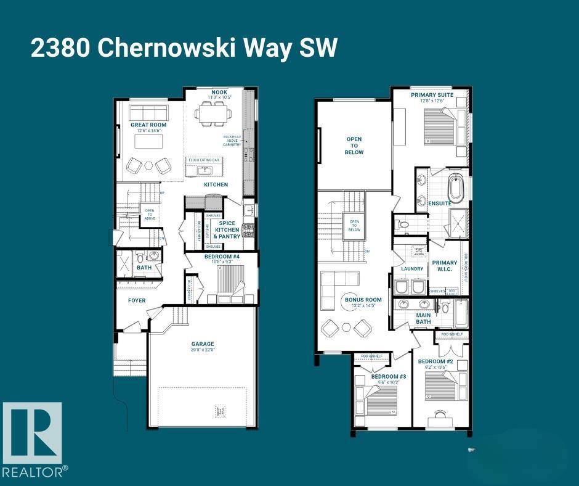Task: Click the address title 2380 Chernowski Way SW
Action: tap(184, 48)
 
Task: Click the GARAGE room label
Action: tap(202, 344)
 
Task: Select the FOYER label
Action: tap(137, 301)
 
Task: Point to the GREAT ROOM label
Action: tap(148, 125)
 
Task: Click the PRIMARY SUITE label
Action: tap(432, 95)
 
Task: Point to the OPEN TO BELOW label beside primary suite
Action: tap(354, 146)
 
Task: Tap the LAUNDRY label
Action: tap(411, 269)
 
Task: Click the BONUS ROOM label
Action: tap(363, 300)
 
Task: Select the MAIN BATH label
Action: tap(423, 318)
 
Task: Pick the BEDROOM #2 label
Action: tap(435, 361)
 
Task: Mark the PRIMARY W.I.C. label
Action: tap(444, 266)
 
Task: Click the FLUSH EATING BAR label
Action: tap(204, 160)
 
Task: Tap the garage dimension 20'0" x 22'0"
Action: tap(202, 350)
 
